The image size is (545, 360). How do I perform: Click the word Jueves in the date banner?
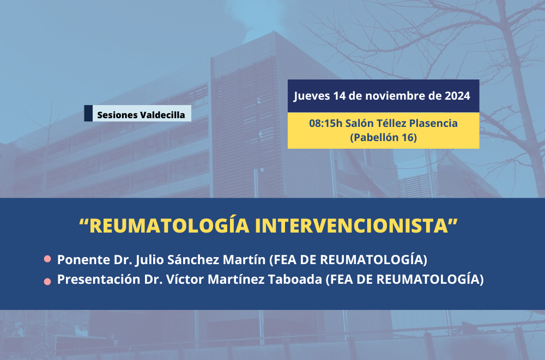click(312, 96)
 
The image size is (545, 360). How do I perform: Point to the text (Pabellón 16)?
click(383, 138)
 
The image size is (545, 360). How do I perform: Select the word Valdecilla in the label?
click(162, 115)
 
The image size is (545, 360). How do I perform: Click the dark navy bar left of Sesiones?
click(88, 113)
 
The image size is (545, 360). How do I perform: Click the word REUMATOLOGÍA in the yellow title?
click(169, 225)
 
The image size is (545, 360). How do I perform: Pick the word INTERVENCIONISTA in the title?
click(352, 226)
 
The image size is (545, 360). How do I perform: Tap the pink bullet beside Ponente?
click(47, 259)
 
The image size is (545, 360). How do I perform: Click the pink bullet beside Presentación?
click(47, 282)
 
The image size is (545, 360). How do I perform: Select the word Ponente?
click(83, 260)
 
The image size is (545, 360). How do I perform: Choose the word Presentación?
click(98, 279)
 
